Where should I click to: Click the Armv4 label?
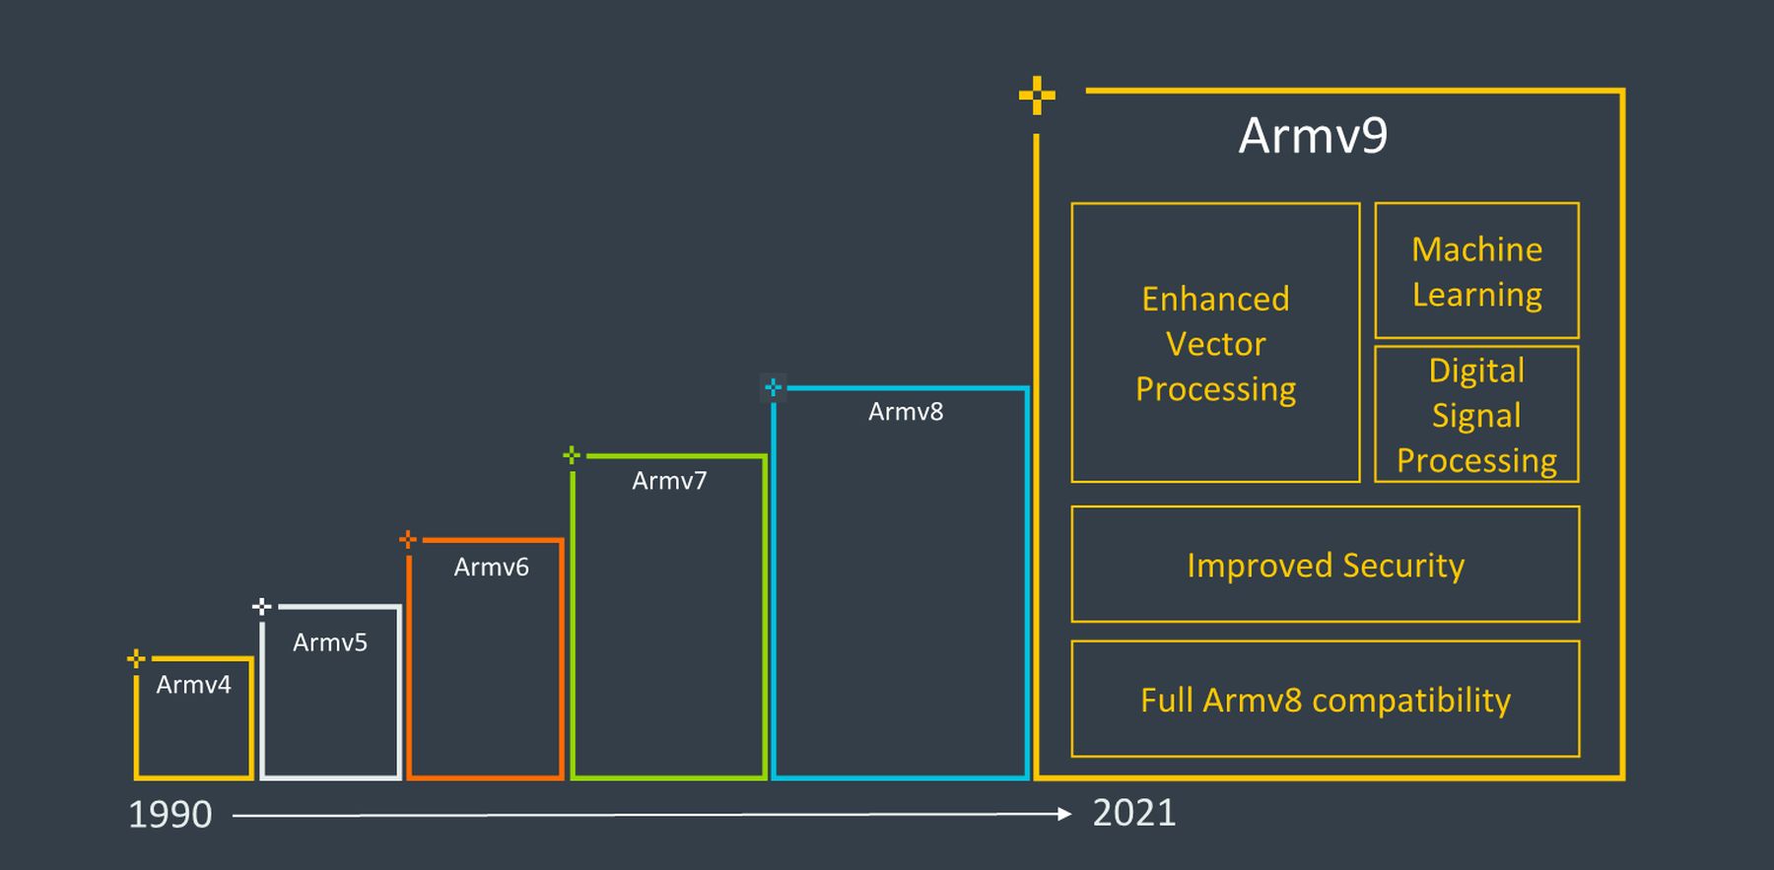click(193, 685)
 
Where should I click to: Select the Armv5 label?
click(330, 642)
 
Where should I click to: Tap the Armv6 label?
click(491, 568)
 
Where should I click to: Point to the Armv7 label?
click(669, 481)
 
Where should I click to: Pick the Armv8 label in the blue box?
click(906, 412)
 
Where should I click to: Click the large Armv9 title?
click(1313, 136)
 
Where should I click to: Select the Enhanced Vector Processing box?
click(1215, 343)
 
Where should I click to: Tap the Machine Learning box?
click(1476, 271)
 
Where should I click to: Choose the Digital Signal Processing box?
click(1476, 415)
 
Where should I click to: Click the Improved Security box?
click(1325, 565)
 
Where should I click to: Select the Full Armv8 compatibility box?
click(1325, 700)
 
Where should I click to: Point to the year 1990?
click(171, 815)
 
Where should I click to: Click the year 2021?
click(1134, 813)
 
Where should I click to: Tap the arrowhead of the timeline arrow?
click(1063, 814)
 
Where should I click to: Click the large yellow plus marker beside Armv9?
click(1037, 96)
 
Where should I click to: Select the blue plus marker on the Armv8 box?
click(774, 387)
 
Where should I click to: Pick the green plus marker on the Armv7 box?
click(572, 455)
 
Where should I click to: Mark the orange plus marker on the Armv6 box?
click(408, 539)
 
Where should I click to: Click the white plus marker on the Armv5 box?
click(262, 606)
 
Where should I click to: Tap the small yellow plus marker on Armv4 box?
click(137, 658)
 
